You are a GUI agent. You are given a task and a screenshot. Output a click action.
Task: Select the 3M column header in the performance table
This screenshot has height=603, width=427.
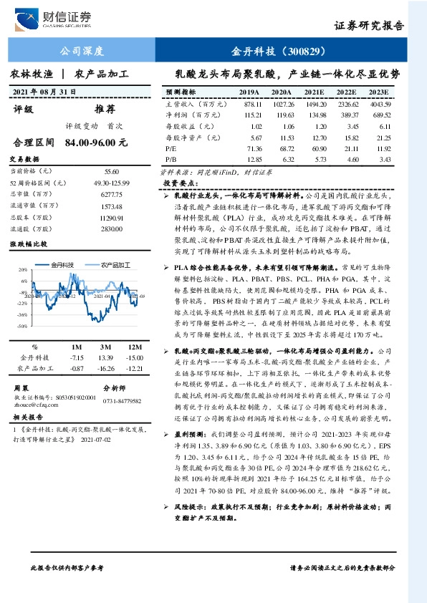tap(107, 346)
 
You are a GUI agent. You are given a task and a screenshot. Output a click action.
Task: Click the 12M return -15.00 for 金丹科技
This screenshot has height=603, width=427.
tap(133, 357)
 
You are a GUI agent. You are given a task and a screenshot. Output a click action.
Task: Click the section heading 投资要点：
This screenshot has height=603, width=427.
tap(181, 183)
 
